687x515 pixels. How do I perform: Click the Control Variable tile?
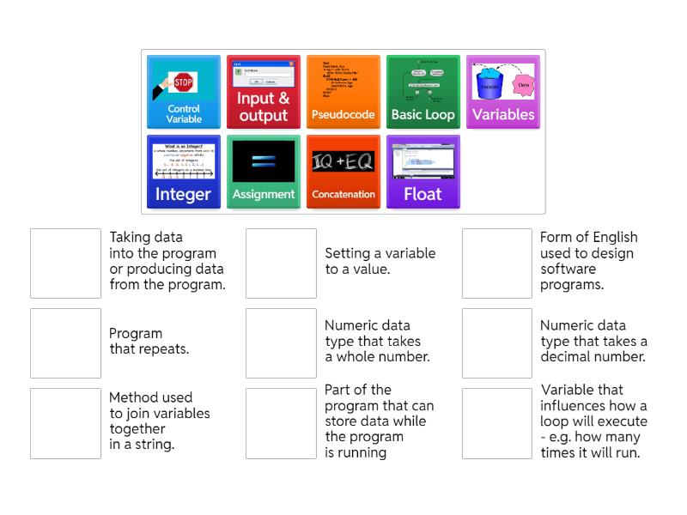click(184, 93)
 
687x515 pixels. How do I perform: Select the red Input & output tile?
click(263, 93)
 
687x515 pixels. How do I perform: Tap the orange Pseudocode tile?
click(343, 93)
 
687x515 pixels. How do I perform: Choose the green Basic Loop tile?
click(423, 93)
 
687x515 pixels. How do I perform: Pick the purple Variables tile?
click(502, 93)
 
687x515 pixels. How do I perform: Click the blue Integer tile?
click(184, 172)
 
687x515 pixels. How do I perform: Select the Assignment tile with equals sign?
click(263, 172)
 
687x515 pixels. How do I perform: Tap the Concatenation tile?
click(343, 172)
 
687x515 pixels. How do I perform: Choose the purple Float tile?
click(423, 172)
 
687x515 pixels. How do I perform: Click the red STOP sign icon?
click(183, 83)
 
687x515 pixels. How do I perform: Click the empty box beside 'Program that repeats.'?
click(65, 343)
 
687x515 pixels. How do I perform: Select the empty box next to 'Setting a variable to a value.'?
click(281, 264)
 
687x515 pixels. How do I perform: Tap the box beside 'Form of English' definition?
click(497, 264)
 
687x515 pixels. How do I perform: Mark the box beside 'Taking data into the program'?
click(65, 264)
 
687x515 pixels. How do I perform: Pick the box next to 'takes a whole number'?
click(281, 343)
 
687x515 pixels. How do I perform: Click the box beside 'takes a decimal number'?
click(497, 343)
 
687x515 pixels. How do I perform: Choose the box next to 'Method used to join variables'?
click(65, 423)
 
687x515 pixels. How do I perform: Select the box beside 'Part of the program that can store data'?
click(281, 423)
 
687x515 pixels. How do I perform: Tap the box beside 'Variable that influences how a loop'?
click(497, 423)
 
